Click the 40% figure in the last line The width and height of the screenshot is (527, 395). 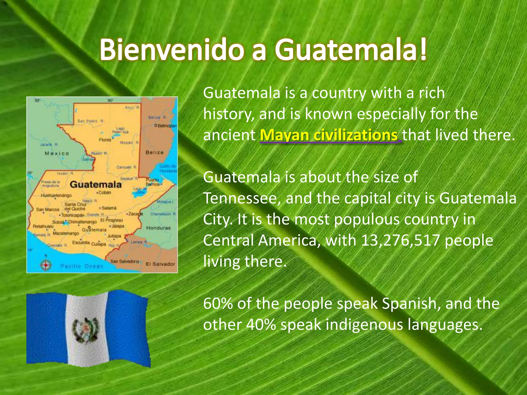pyautogui.click(x=261, y=325)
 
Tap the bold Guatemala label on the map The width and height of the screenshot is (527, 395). pyautogui.click(x=95, y=184)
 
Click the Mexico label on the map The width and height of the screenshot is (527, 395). pyautogui.click(x=57, y=154)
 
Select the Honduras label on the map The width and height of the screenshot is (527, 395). pyautogui.click(x=158, y=228)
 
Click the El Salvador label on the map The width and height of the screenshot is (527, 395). pyautogui.click(x=160, y=264)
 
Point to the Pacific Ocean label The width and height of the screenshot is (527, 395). pyautogui.click(x=82, y=266)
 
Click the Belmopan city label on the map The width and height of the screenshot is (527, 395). pyautogui.click(x=166, y=126)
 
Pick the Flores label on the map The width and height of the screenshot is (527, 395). pyautogui.click(x=105, y=140)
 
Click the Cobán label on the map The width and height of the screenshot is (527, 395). pyautogui.click(x=104, y=192)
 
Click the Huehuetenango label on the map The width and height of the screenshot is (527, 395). pyautogui.click(x=56, y=195)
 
